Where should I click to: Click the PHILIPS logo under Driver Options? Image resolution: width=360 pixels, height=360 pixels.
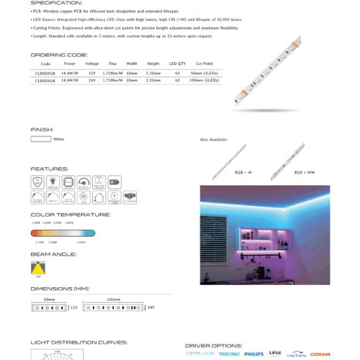tap(253, 354)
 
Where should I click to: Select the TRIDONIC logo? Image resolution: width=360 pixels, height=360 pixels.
tap(229, 354)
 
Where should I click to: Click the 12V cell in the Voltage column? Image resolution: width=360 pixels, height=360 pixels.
tap(92, 72)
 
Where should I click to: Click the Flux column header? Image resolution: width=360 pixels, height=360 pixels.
tap(113, 63)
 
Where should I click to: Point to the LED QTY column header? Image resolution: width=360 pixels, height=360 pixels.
tap(177, 63)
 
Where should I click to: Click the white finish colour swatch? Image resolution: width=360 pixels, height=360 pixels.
tap(40, 139)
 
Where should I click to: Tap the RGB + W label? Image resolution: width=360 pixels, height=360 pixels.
tap(223, 172)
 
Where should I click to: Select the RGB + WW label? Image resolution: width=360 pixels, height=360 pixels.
tap(283, 172)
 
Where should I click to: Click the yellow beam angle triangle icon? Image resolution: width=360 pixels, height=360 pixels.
tap(38, 266)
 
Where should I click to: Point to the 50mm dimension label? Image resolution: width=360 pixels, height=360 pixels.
tap(50, 299)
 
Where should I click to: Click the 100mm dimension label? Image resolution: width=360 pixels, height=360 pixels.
tap(113, 299)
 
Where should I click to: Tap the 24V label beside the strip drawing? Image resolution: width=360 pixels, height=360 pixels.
tap(151, 307)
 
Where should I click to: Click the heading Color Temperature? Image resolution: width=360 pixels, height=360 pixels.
tap(70, 214)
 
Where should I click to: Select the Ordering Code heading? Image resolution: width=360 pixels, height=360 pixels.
tap(59, 55)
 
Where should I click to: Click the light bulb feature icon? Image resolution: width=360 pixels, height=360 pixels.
tap(53, 182)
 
